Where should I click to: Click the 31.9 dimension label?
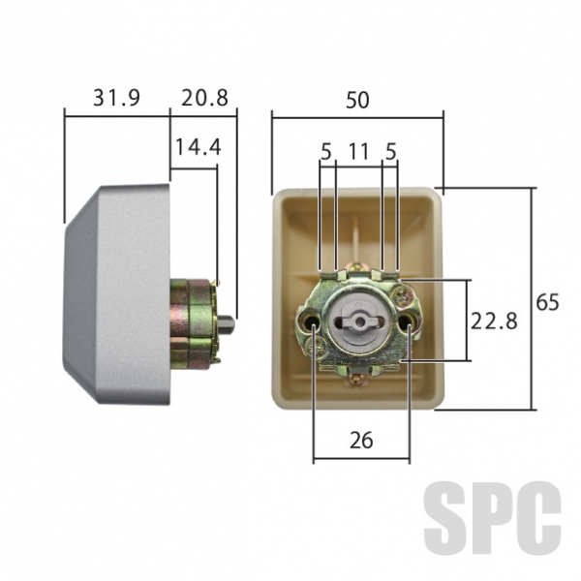(116, 98)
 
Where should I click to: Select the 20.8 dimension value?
(204, 98)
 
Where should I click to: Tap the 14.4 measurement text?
(198, 147)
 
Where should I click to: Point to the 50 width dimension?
(357, 100)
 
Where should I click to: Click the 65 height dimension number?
(547, 302)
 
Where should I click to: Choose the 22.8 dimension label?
(494, 321)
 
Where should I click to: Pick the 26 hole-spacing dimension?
(361, 441)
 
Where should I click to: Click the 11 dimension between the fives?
(358, 152)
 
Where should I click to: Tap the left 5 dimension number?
(326, 152)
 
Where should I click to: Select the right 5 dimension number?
(391, 152)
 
